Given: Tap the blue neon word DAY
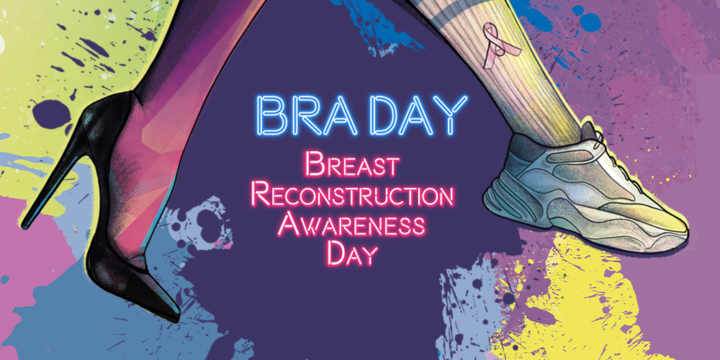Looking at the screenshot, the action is [x=418, y=115].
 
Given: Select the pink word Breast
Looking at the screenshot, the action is [x=352, y=166].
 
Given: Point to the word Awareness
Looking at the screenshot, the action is [x=351, y=224].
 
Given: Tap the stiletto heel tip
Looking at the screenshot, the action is [x=24, y=224].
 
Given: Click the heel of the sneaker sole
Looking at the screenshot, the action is [x=494, y=202].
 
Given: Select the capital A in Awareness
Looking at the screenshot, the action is [x=289, y=224].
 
